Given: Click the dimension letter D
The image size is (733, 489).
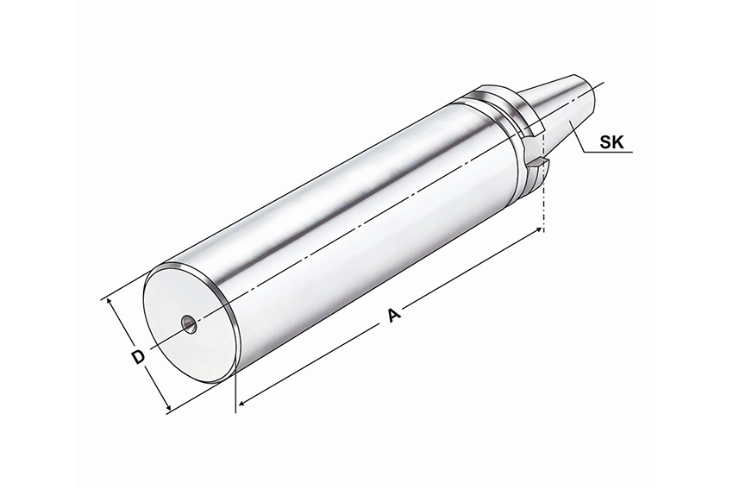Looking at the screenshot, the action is click(137, 357).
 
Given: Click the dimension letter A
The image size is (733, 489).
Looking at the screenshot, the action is click(395, 315).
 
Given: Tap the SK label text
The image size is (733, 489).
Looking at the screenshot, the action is click(612, 142).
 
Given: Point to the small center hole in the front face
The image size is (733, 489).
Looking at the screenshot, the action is click(190, 323).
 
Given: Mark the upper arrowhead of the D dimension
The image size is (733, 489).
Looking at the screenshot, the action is click(110, 304).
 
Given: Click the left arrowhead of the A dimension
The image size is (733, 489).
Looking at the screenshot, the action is click(243, 402).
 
